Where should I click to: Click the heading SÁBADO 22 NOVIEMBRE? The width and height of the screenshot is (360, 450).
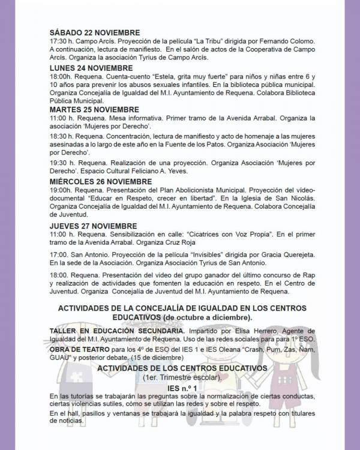95,32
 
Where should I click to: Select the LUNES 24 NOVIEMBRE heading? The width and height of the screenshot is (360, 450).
91,69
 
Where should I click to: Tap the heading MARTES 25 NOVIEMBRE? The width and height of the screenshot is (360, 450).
94,110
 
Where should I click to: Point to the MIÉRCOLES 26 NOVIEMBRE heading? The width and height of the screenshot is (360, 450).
101,181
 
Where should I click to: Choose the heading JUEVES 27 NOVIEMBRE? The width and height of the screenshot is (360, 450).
93,226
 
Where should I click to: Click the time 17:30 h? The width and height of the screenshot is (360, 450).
61,41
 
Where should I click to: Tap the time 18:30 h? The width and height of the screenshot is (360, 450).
61,137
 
